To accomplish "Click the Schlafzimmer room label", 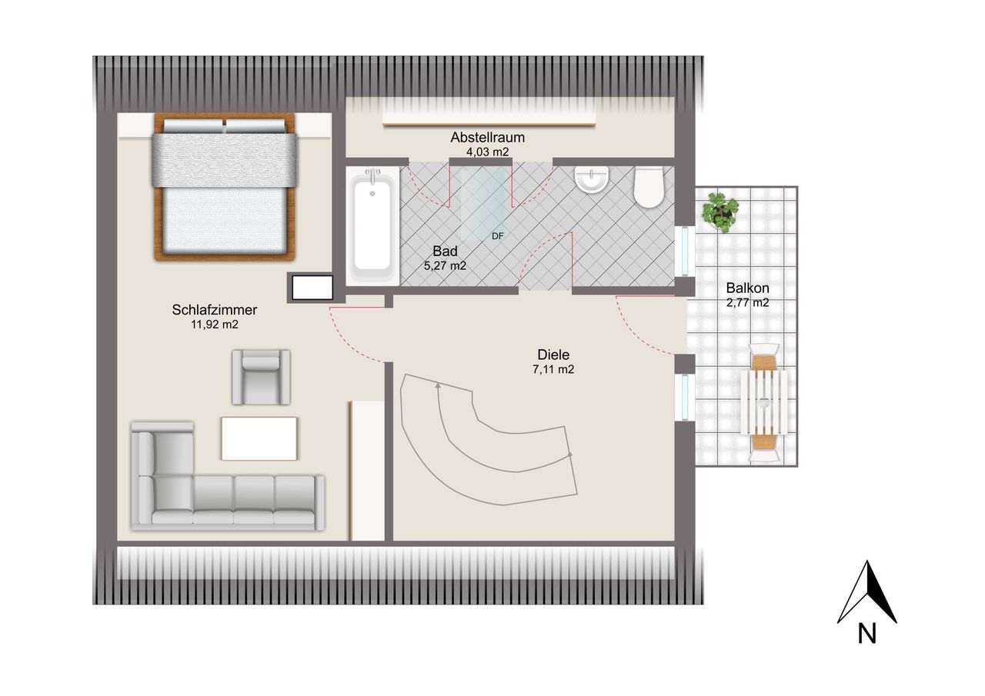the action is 214,310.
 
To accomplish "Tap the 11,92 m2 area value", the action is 214,325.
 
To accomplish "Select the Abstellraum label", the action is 487,138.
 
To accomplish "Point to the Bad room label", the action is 445,251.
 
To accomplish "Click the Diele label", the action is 553,355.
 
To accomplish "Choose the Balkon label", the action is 747,288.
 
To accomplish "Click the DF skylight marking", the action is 497,236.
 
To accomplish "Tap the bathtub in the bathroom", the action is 372,226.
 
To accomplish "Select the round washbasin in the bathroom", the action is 592,180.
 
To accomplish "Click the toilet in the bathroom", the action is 649,188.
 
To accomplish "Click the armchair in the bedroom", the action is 261,377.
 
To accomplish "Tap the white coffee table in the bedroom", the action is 259,438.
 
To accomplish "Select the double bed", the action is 224,187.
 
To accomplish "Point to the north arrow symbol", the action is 866,593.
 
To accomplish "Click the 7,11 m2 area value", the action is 553,369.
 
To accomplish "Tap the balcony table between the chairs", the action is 764,402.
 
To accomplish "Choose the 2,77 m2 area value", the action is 747,303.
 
